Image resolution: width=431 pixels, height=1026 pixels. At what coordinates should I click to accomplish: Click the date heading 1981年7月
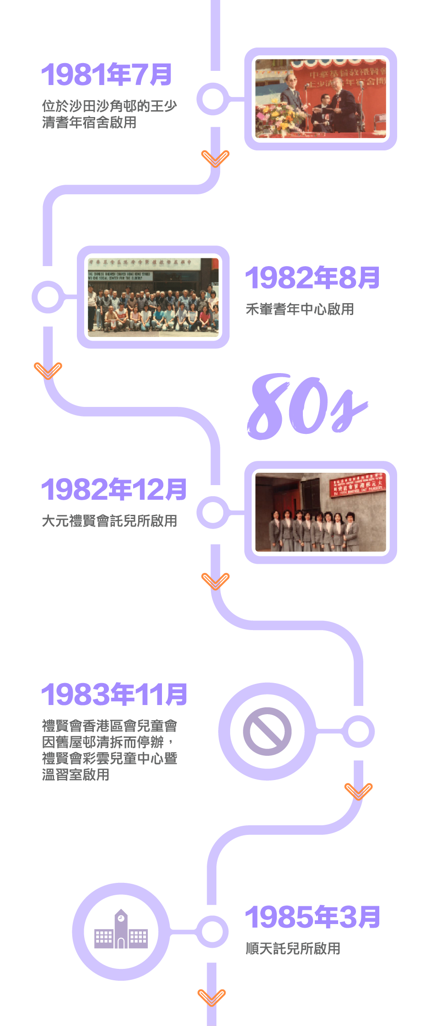click(x=107, y=75)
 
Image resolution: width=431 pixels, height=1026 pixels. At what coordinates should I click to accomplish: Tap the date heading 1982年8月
click(x=312, y=278)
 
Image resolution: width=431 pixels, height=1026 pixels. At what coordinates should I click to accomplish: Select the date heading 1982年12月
click(x=114, y=489)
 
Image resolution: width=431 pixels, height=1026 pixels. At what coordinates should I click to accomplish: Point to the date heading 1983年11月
click(x=114, y=694)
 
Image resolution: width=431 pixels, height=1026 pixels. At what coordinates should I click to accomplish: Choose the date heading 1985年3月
click(x=312, y=917)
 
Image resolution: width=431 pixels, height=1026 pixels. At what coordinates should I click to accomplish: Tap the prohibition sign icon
click(x=267, y=731)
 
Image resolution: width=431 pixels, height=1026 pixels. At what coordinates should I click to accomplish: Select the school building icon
click(x=121, y=930)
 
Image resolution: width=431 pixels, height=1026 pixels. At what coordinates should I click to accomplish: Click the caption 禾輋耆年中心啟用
click(x=300, y=309)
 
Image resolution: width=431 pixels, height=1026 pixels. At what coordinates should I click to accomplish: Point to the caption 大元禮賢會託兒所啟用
click(x=109, y=521)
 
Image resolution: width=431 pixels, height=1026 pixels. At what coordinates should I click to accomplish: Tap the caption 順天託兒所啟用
click(x=293, y=948)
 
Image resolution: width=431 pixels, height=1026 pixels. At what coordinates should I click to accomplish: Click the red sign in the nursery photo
click(x=358, y=485)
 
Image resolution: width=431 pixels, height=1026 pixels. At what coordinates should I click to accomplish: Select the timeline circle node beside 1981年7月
click(x=213, y=99)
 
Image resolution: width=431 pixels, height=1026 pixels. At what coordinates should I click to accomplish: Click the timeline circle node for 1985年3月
click(x=212, y=931)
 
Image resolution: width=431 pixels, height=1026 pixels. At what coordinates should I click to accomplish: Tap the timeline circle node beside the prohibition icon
click(x=359, y=732)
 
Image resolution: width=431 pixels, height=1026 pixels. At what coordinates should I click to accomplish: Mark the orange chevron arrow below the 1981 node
click(x=215, y=159)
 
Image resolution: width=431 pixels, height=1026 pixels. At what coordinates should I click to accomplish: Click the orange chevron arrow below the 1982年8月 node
click(x=48, y=370)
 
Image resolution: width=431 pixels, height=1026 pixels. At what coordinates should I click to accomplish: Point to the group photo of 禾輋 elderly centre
click(x=153, y=298)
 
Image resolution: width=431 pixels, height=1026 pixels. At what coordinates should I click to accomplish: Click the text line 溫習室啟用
click(x=75, y=775)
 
